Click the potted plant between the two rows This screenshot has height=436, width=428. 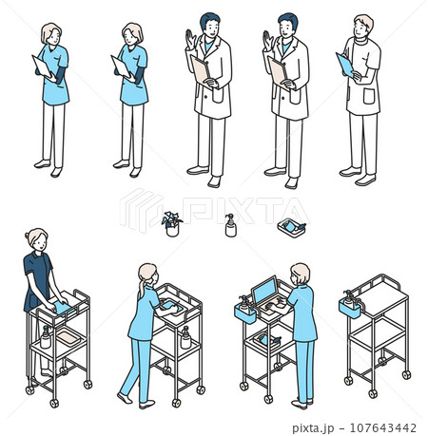pos(171,224)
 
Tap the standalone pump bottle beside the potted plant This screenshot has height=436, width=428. pos(230,225)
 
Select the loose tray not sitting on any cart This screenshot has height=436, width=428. pos(292,228)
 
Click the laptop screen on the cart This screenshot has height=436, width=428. pos(264,290)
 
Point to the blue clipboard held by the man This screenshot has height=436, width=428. pos(345,66)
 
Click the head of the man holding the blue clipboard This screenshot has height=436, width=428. pos(363,27)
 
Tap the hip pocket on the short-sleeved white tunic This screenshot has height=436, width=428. pos(369,96)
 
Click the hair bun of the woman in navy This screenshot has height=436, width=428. pos(27,236)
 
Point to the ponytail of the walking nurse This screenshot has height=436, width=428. pos(141,288)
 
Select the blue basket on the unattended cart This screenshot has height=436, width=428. pos(350,309)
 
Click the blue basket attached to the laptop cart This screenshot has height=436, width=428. pos(245,313)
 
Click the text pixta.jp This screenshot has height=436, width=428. pos(313,427)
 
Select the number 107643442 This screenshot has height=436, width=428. pos(382,427)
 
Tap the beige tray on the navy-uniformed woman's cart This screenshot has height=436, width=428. pos(68,336)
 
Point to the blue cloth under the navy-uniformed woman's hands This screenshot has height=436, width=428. pos(64,308)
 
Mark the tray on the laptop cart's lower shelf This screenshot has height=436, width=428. pos(266,340)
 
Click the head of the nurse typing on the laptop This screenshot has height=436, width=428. pos(300,274)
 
